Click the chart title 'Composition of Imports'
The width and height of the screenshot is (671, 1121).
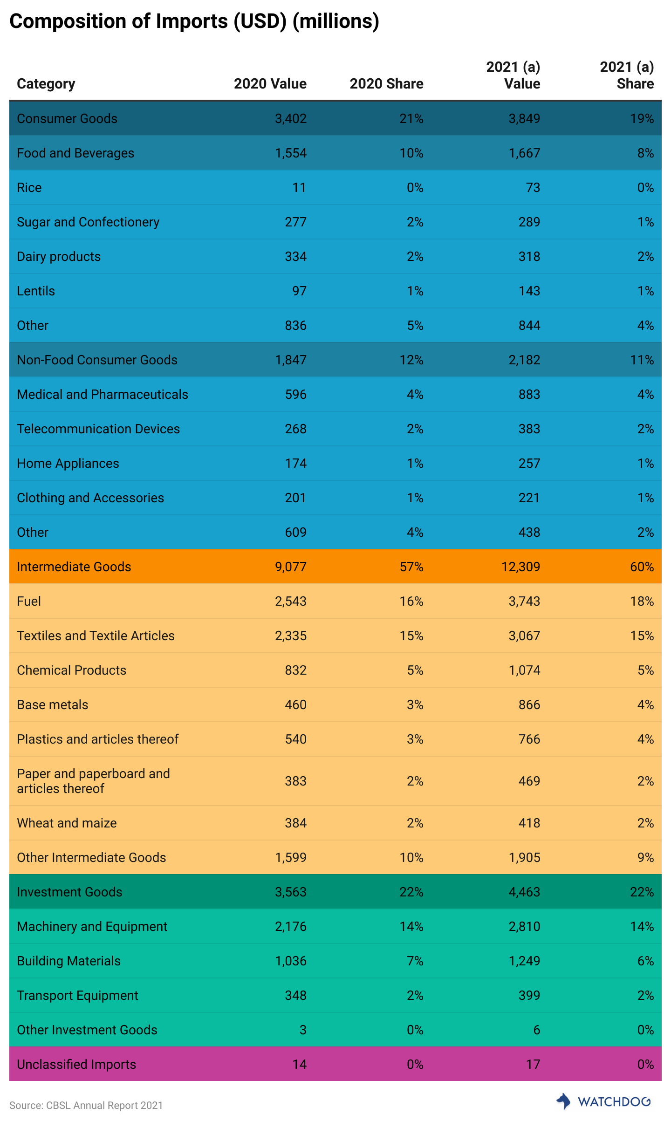(194, 21)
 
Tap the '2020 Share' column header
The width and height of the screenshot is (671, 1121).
(386, 84)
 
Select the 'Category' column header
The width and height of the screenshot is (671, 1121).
(46, 84)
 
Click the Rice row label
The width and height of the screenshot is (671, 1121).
(29, 188)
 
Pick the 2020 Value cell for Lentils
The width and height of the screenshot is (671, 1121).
(299, 291)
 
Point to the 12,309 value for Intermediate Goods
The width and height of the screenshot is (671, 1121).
(520, 567)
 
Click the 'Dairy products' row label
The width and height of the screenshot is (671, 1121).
(59, 257)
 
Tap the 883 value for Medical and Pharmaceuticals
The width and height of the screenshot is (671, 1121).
(529, 395)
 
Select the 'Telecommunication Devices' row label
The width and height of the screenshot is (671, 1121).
(98, 429)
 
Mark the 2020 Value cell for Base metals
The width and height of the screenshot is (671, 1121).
(295, 705)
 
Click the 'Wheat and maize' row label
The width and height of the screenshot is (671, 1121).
(67, 823)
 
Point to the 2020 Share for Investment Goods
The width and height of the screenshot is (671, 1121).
(411, 892)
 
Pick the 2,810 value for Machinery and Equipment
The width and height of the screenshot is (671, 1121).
(524, 927)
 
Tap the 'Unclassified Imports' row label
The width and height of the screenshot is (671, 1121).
(76, 1065)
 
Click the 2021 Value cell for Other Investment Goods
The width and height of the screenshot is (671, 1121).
(536, 1030)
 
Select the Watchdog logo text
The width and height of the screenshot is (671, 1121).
(614, 1102)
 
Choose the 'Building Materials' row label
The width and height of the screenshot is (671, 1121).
(68, 961)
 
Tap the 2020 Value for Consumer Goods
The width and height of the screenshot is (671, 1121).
(291, 119)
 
